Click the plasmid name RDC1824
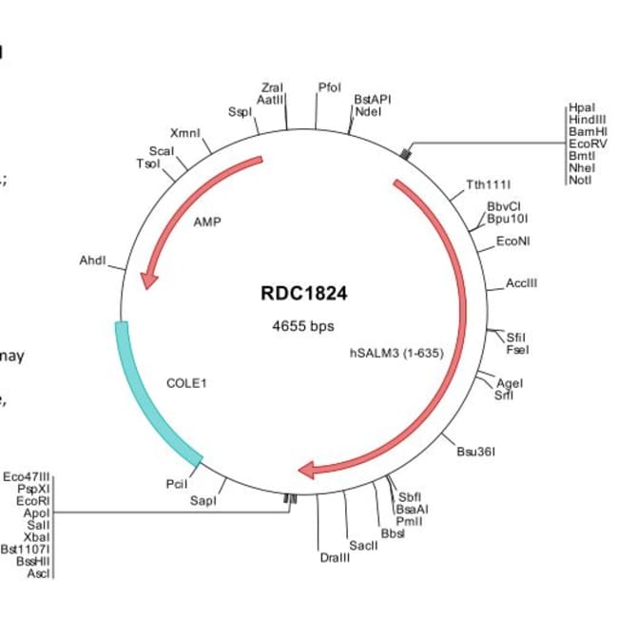pyautogui.click(x=304, y=293)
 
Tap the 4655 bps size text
pyautogui.click(x=304, y=326)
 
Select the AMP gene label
pyautogui.click(x=206, y=224)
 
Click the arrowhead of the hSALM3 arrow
pyautogui.click(x=309, y=469)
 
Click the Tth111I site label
pyautogui.click(x=489, y=184)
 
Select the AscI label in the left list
pyautogui.click(x=40, y=573)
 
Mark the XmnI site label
pyautogui.click(x=185, y=133)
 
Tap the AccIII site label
pyautogui.click(x=522, y=283)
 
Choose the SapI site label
pyautogui.click(x=203, y=500)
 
